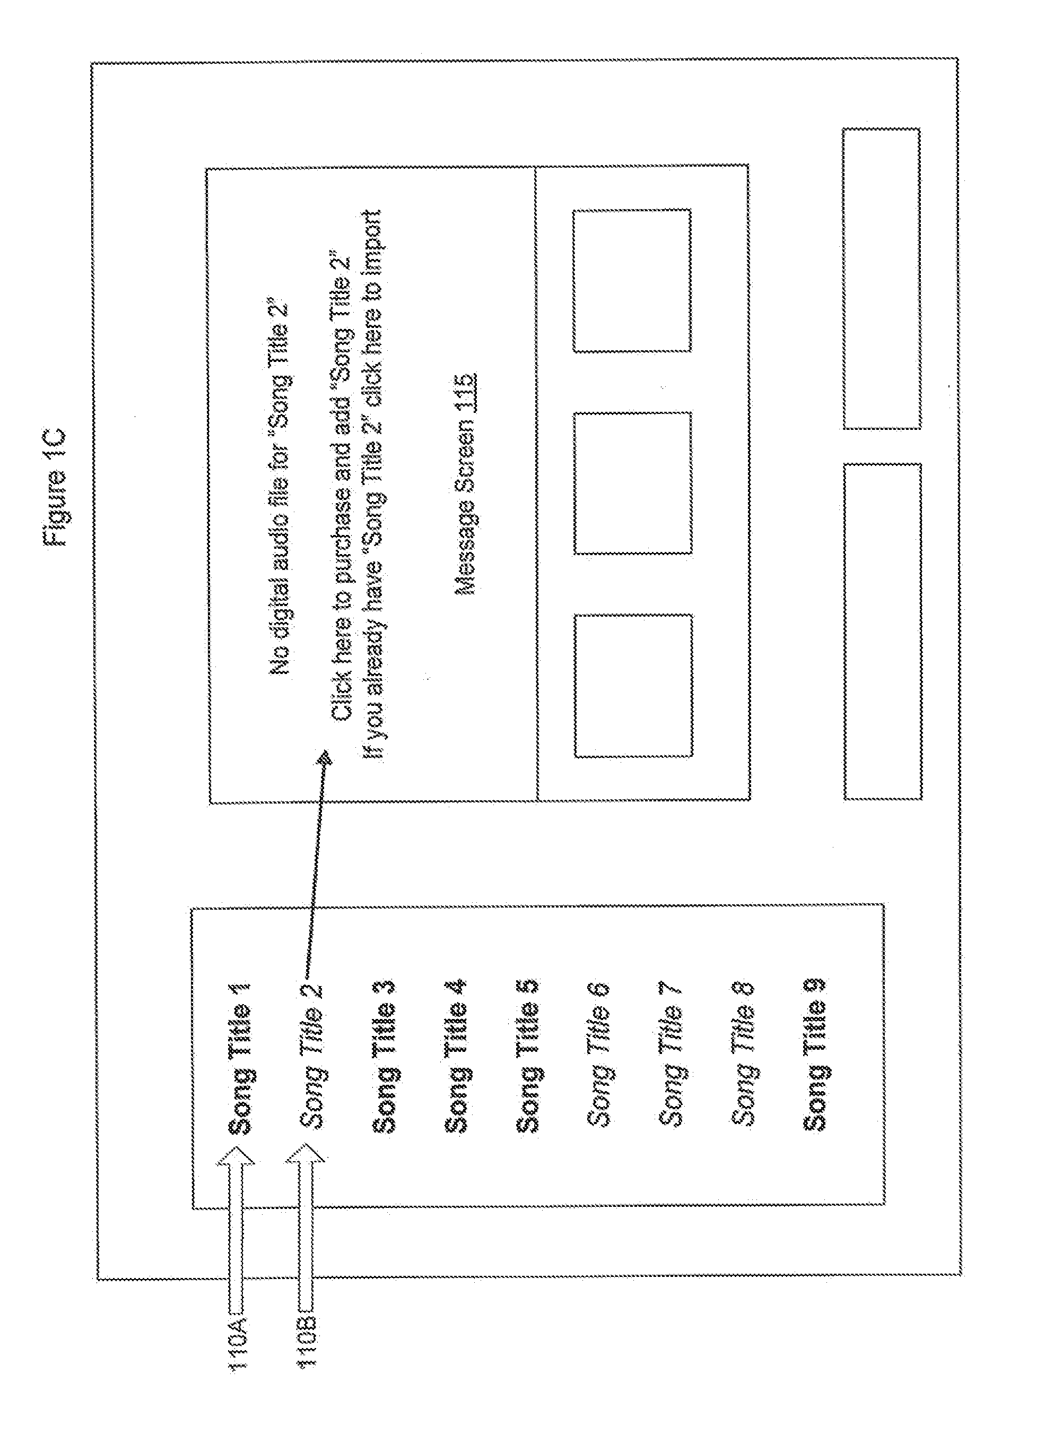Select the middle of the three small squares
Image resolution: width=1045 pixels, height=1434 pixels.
[x=632, y=483]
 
